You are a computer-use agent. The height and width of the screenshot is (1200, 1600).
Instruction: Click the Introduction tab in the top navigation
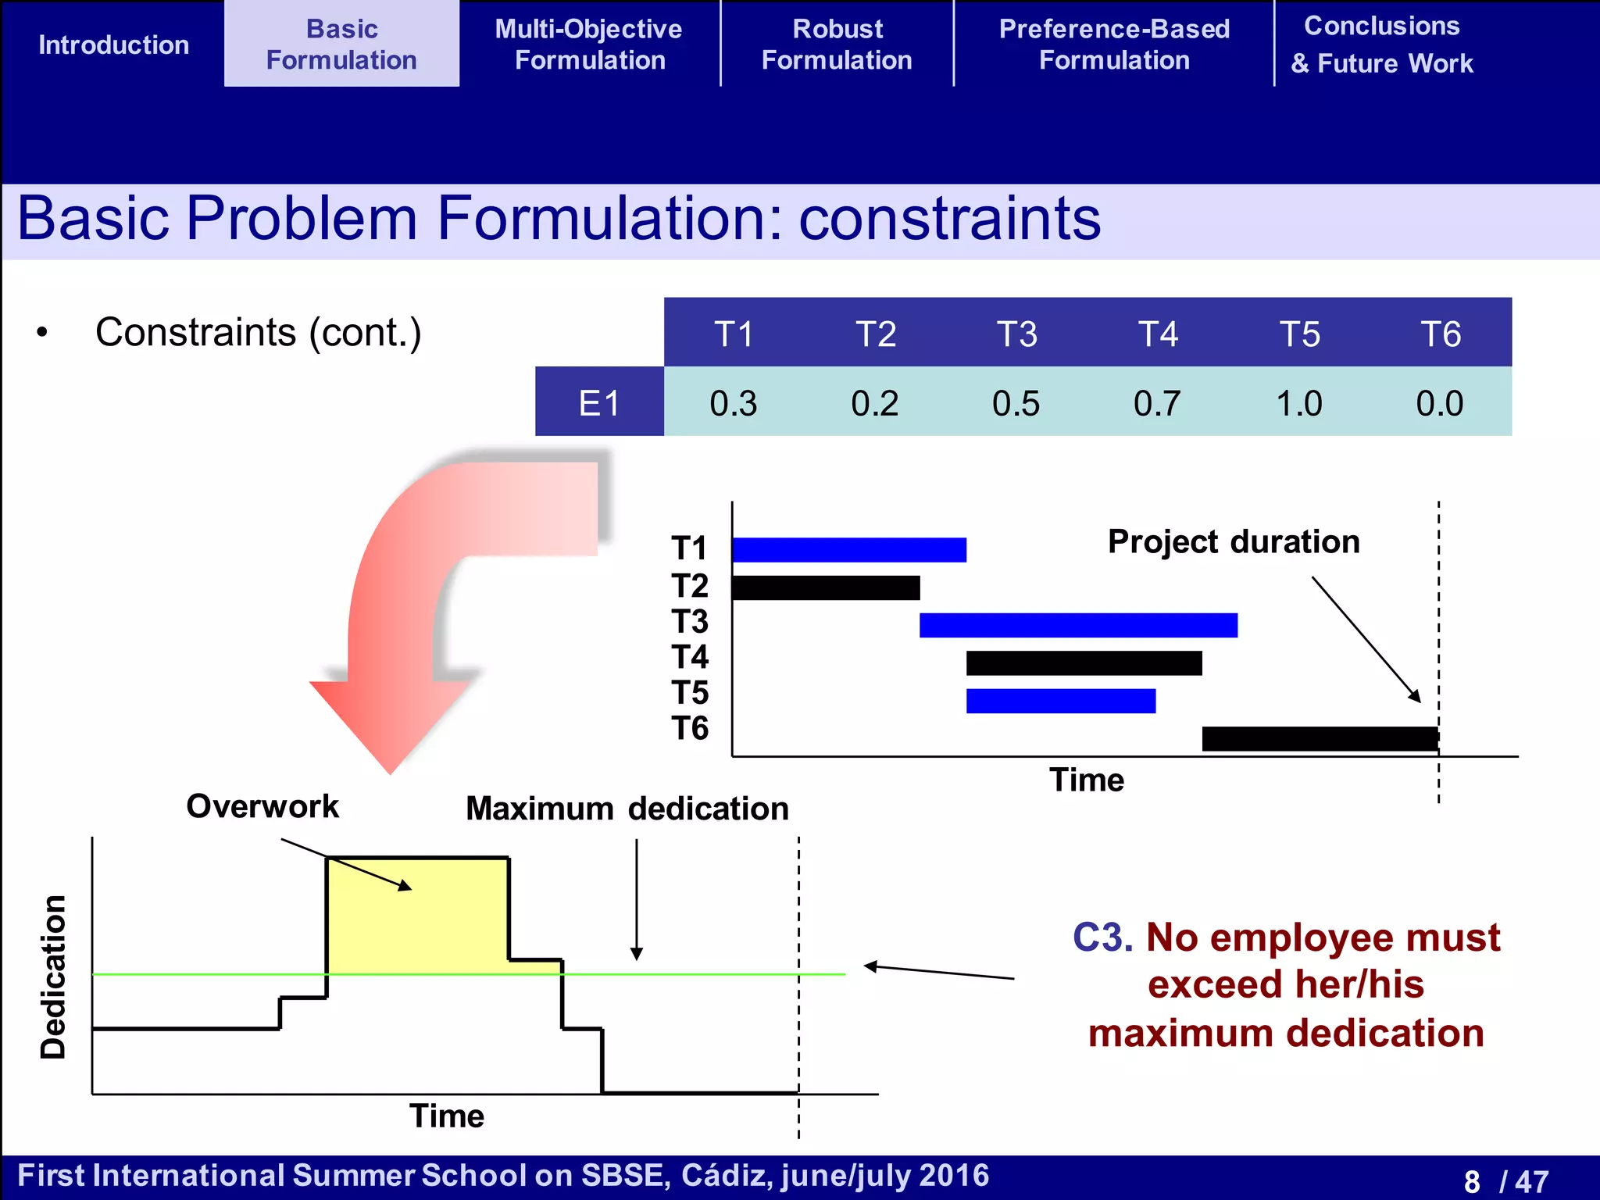tap(113, 45)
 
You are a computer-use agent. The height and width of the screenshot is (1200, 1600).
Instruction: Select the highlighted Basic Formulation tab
tap(341, 45)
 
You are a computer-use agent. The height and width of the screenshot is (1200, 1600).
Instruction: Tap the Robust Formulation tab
tap(837, 45)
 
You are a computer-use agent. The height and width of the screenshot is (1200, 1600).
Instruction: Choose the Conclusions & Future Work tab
tap(1381, 45)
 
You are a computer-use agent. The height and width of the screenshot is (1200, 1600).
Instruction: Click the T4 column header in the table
tap(1158, 334)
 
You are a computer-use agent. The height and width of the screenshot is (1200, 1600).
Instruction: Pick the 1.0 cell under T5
tap(1298, 403)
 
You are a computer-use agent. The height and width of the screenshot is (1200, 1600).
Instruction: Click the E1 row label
tap(599, 403)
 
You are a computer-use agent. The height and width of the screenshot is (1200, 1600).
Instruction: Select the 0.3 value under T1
tap(733, 403)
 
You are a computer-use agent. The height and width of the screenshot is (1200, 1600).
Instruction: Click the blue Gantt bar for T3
tap(1078, 625)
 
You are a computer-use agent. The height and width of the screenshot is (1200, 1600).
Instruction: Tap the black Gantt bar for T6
tap(1320, 738)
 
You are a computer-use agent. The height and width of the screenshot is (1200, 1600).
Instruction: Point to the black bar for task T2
tap(826, 587)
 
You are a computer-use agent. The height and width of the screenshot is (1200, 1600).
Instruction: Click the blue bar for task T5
tap(1060, 701)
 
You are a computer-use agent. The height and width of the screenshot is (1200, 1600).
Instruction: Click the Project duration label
tap(1234, 541)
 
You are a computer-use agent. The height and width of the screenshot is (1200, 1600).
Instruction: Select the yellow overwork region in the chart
tap(418, 914)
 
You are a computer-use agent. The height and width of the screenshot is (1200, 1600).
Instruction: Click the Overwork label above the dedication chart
tap(262, 806)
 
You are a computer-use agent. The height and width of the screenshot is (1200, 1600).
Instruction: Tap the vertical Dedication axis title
tap(53, 977)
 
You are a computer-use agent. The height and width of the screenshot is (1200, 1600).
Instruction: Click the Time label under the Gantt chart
tap(1086, 780)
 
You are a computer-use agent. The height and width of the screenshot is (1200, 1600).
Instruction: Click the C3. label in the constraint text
tap(1102, 937)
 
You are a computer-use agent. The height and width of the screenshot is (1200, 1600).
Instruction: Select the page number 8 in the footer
tap(1472, 1181)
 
